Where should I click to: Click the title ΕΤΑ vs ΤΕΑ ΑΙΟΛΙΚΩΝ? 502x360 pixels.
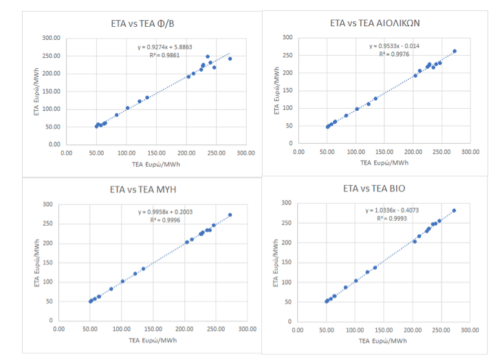tap(375, 23)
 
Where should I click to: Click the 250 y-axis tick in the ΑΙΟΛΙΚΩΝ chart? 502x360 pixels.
tap(287, 55)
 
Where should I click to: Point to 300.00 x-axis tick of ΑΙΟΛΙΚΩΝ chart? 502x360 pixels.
tap(470, 152)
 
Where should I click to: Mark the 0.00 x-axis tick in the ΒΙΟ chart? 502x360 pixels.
tap(297, 330)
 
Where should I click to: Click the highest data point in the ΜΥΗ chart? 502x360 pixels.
tap(230, 215)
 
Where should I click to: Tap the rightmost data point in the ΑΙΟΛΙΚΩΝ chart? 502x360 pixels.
tap(454, 51)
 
